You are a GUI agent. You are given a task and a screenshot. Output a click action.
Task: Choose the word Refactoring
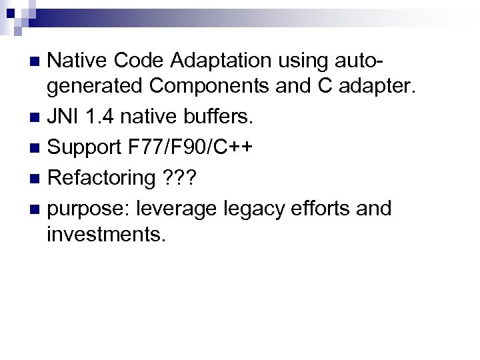101,178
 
